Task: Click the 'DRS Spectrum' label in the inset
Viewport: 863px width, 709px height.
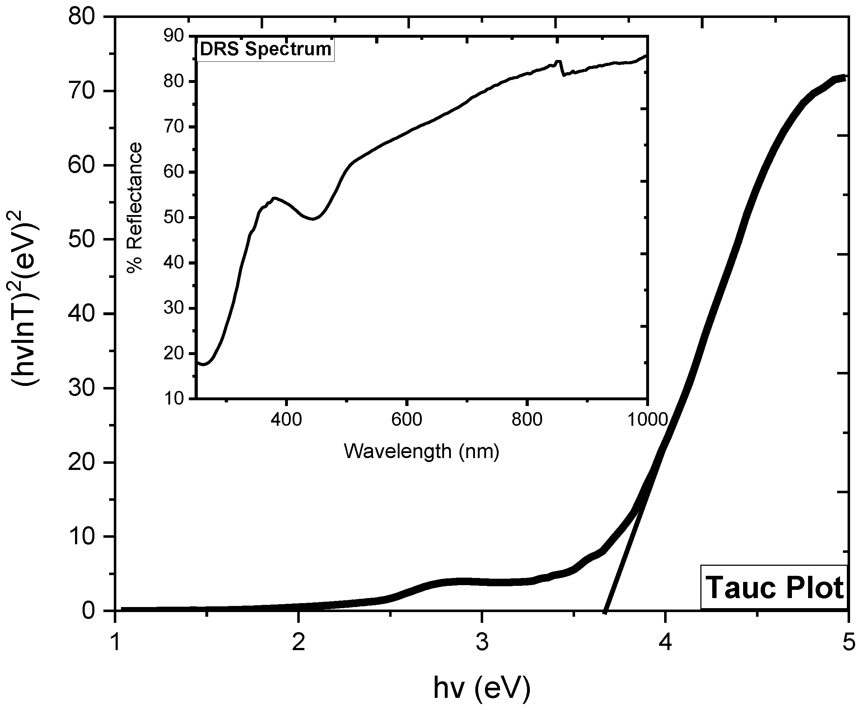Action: click(x=265, y=50)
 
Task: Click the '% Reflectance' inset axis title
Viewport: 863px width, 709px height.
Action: click(x=134, y=207)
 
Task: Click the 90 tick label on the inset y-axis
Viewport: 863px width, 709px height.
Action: click(x=174, y=36)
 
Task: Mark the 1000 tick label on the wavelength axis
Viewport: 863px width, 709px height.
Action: click(x=647, y=419)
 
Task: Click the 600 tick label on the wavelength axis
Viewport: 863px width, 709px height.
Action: click(x=406, y=419)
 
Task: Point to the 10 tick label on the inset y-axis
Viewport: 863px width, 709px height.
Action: click(x=174, y=398)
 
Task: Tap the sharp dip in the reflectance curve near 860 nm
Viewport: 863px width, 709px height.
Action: click(x=564, y=75)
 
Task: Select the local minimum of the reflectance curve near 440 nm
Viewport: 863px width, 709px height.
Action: click(x=312, y=219)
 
